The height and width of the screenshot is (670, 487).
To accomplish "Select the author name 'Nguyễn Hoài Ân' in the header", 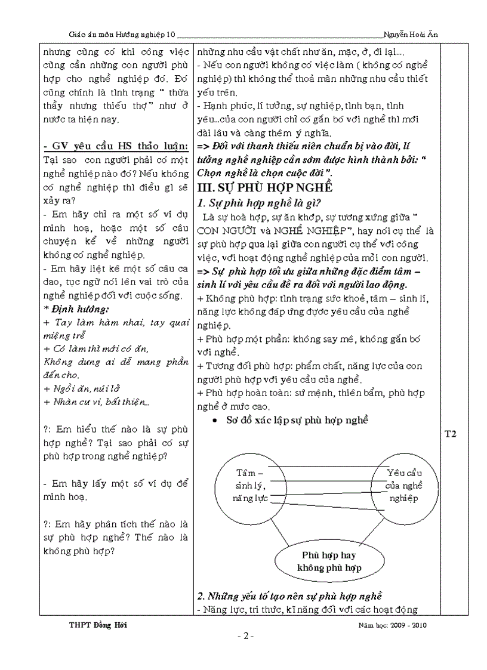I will tap(412, 35).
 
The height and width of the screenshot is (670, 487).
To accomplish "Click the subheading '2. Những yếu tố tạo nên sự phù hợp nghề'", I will tap(289, 595).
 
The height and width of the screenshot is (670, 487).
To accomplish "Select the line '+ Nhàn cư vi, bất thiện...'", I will tap(95, 402).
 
